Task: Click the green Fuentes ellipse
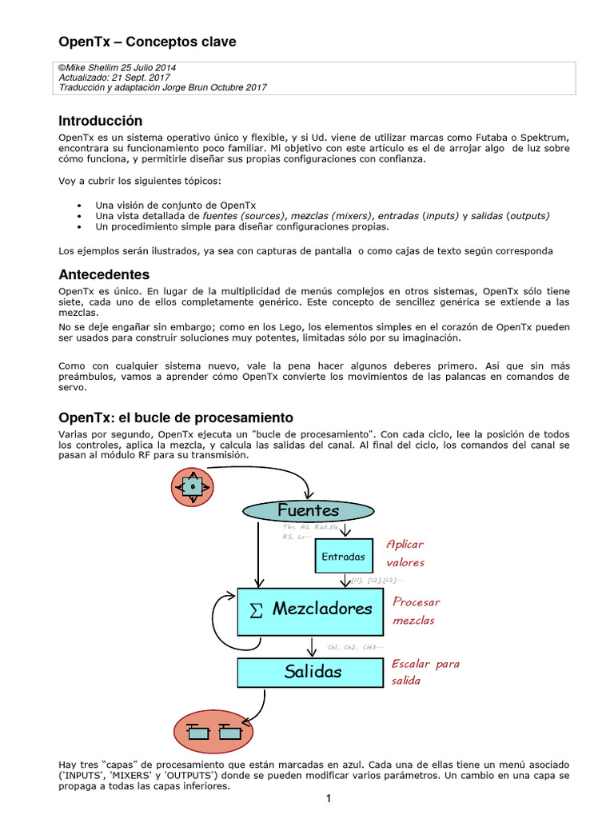[309, 509]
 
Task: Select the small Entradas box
[343, 557]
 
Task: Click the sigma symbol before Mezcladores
[256, 610]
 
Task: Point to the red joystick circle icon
[193, 485]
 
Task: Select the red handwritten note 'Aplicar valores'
[405, 553]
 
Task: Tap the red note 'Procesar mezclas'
[417, 611]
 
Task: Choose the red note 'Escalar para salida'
[425, 672]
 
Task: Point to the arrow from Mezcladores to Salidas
[313, 645]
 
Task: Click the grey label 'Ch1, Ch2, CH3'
[356, 647]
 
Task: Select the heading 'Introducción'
[101, 121]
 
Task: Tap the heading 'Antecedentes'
[104, 274]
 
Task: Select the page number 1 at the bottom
[328, 799]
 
